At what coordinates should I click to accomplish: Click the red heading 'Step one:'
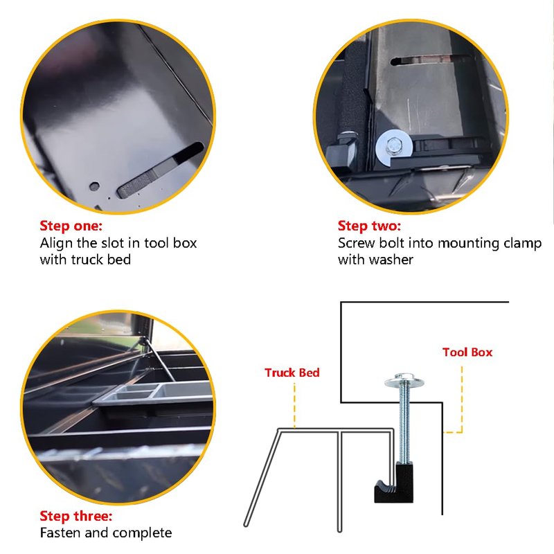pos(71,226)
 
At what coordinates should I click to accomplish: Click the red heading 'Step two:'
pos(369,226)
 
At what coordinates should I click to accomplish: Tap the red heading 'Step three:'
pos(76,516)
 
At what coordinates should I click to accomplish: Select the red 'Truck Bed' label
pos(292,373)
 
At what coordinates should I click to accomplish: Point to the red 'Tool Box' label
pos(467,352)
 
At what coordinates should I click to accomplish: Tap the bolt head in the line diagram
pos(404,379)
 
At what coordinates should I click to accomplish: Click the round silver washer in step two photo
pos(392,148)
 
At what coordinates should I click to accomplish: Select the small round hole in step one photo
pos(94,186)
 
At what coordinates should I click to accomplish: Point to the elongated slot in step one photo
pos(160,170)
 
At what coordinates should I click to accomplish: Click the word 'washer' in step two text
pos(391,260)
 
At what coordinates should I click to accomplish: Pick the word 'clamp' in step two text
pos(523,244)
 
